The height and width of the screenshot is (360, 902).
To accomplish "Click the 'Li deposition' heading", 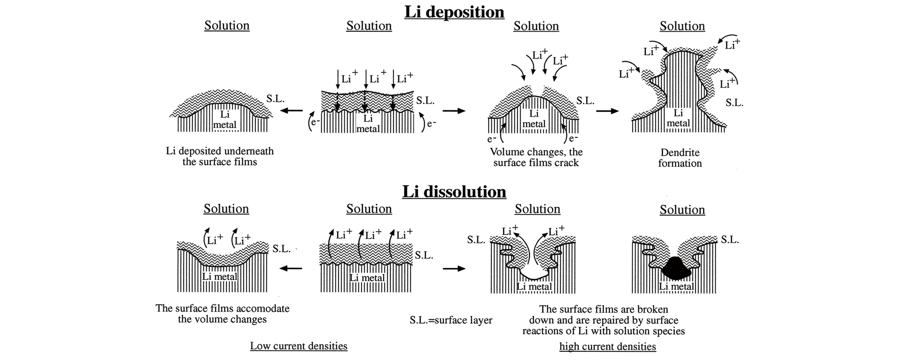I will [454, 12].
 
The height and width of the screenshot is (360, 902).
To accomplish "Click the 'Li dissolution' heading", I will [454, 192].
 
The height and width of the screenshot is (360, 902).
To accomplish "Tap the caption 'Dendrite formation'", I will [680, 158].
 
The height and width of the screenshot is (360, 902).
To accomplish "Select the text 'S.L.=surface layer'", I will [451, 320].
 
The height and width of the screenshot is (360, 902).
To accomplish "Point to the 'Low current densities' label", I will [299, 346].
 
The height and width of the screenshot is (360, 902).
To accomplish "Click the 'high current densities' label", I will [608, 347].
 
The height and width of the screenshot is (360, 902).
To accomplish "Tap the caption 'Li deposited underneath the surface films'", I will [220, 156].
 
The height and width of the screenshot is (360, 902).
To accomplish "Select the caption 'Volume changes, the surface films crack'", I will [536, 157].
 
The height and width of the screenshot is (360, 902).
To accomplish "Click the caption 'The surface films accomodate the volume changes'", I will [222, 314].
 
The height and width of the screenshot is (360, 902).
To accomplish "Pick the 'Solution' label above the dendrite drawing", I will [682, 26].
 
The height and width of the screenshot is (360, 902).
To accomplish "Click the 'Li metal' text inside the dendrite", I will [678, 118].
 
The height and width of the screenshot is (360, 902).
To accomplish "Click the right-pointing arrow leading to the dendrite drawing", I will [607, 111].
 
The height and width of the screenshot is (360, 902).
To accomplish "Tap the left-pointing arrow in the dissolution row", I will [291, 269].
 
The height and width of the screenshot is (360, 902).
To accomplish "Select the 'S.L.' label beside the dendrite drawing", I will [734, 103].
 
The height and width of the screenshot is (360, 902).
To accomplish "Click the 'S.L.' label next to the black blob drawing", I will [730, 240].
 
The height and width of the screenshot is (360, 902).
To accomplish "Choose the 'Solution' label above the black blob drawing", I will [682, 210].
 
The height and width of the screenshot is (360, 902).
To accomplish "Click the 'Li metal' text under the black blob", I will [676, 287].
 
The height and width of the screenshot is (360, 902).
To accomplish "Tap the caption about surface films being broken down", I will [604, 320].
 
